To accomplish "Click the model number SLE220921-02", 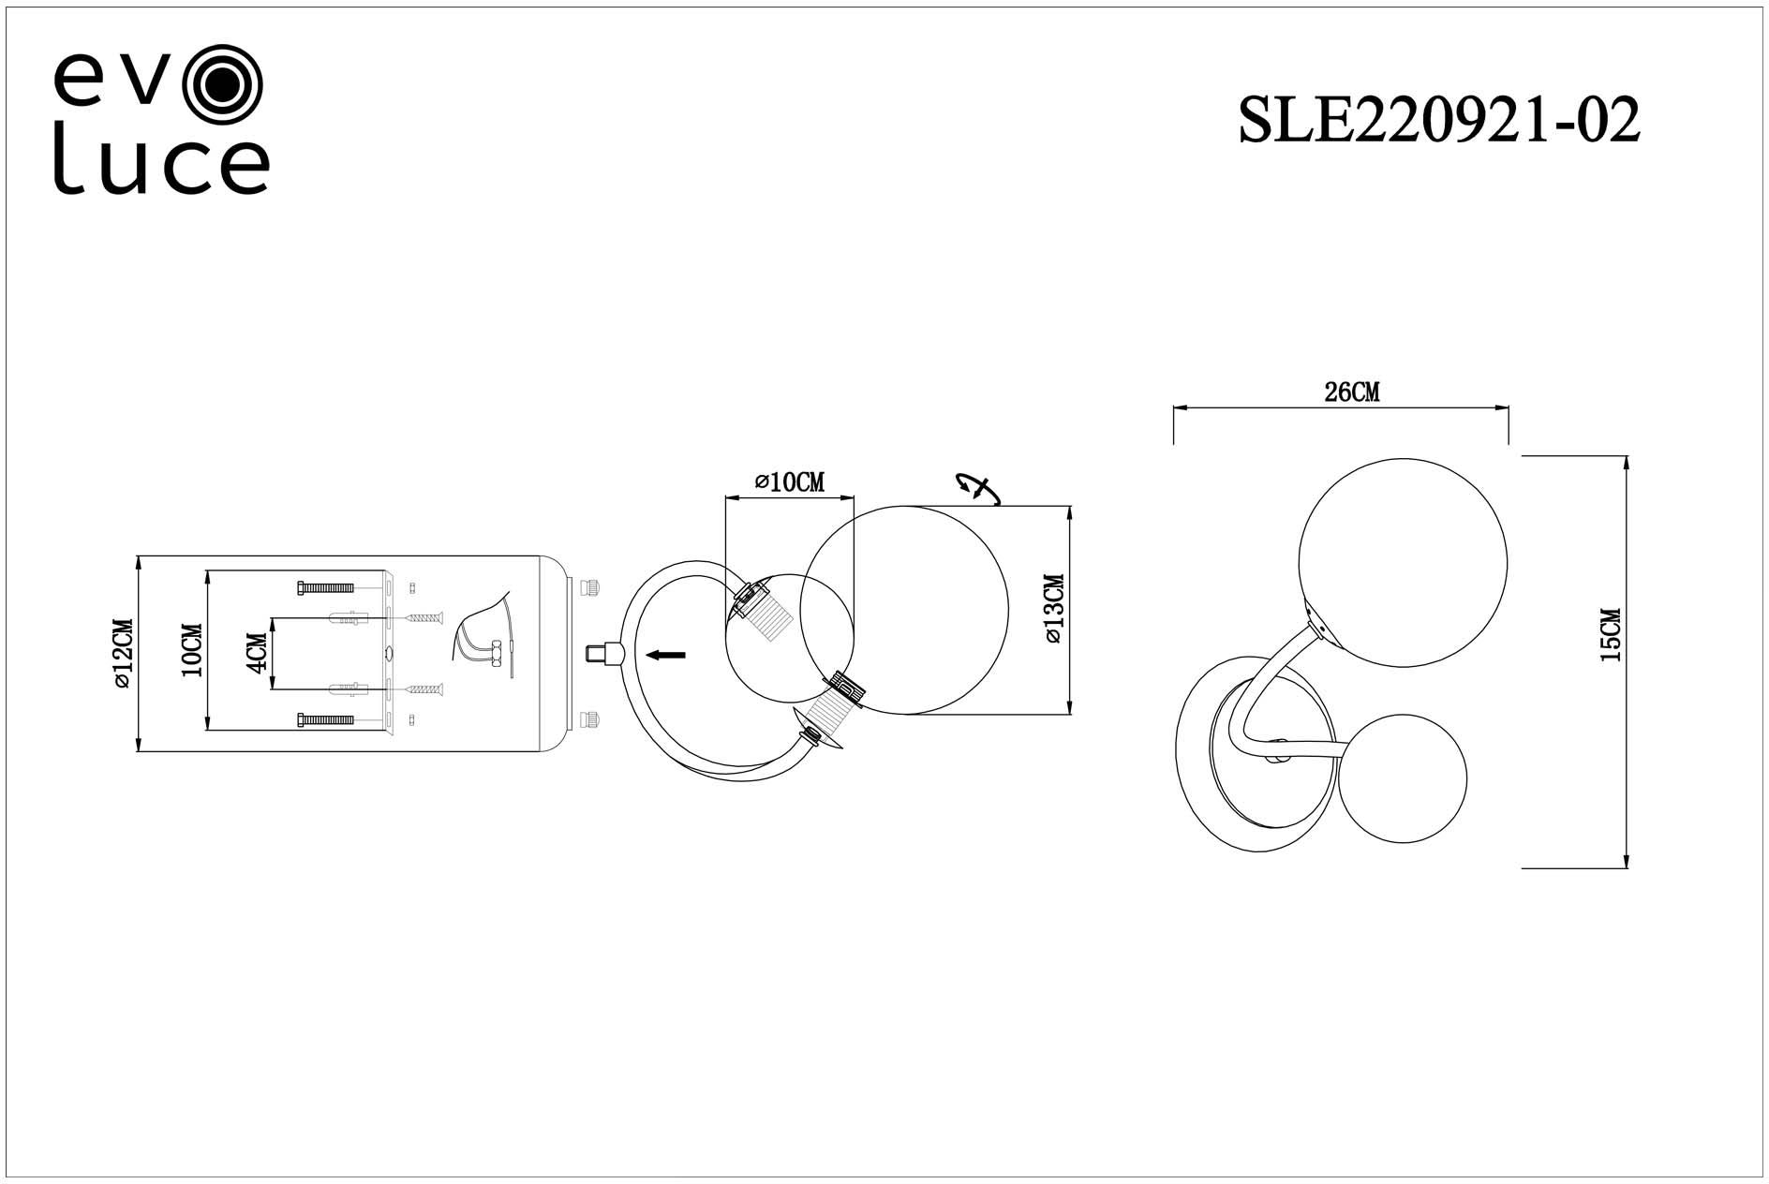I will (1438, 121).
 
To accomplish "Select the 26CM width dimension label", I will (1351, 393).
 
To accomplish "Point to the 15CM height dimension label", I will (1610, 635).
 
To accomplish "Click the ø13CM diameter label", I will (1052, 609).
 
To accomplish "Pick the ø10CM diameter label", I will (790, 482).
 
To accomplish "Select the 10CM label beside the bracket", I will (192, 650).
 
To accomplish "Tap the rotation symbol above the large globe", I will (975, 488).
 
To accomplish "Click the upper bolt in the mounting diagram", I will (325, 587).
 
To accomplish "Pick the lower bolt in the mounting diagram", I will (325, 719).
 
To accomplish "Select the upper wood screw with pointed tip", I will (424, 618).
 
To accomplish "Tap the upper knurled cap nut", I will (591, 586).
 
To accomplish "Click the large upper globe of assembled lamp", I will (1402, 561).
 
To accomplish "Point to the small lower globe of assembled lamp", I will (1402, 782).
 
